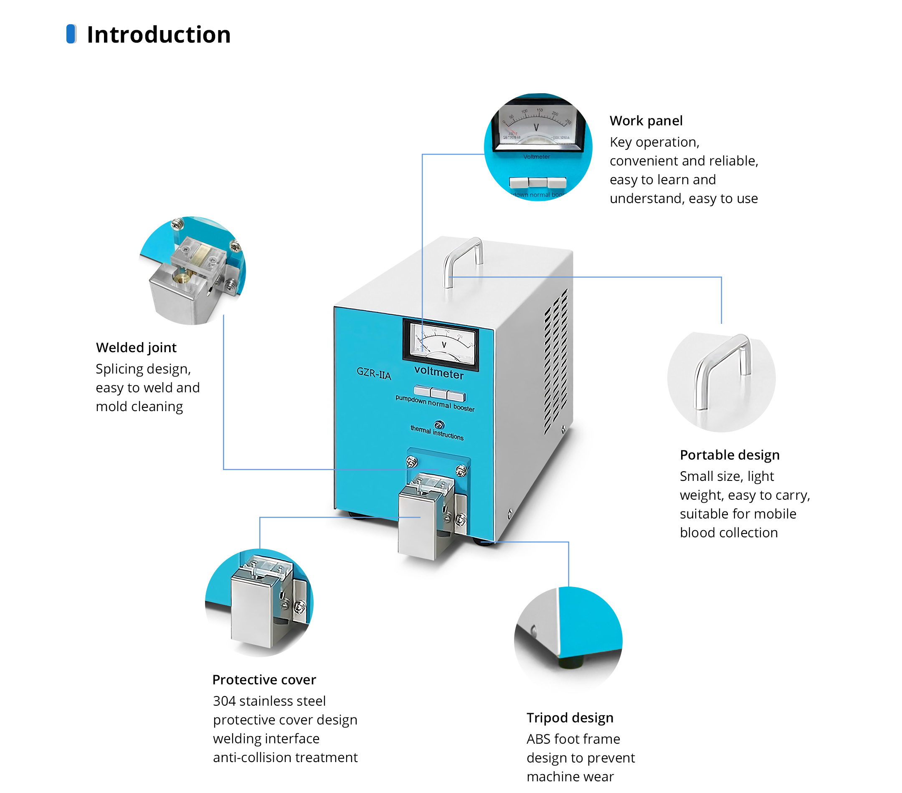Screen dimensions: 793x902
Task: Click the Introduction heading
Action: point(158,34)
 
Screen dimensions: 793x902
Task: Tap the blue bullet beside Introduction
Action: point(71,34)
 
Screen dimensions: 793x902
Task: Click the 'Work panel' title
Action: point(646,121)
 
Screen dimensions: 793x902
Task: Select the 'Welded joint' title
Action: point(136,348)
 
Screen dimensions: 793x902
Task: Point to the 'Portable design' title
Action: point(730,455)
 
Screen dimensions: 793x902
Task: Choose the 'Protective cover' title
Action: point(264,679)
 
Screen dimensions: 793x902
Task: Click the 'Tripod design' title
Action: point(570,717)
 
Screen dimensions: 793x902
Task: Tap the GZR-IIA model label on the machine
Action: point(374,374)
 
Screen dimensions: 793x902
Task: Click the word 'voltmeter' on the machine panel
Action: point(438,373)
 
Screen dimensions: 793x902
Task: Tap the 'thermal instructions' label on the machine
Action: point(437,433)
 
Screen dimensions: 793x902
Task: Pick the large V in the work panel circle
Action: point(536,127)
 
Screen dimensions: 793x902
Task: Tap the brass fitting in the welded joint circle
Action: point(181,278)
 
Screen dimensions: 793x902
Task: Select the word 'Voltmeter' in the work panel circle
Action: point(536,157)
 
